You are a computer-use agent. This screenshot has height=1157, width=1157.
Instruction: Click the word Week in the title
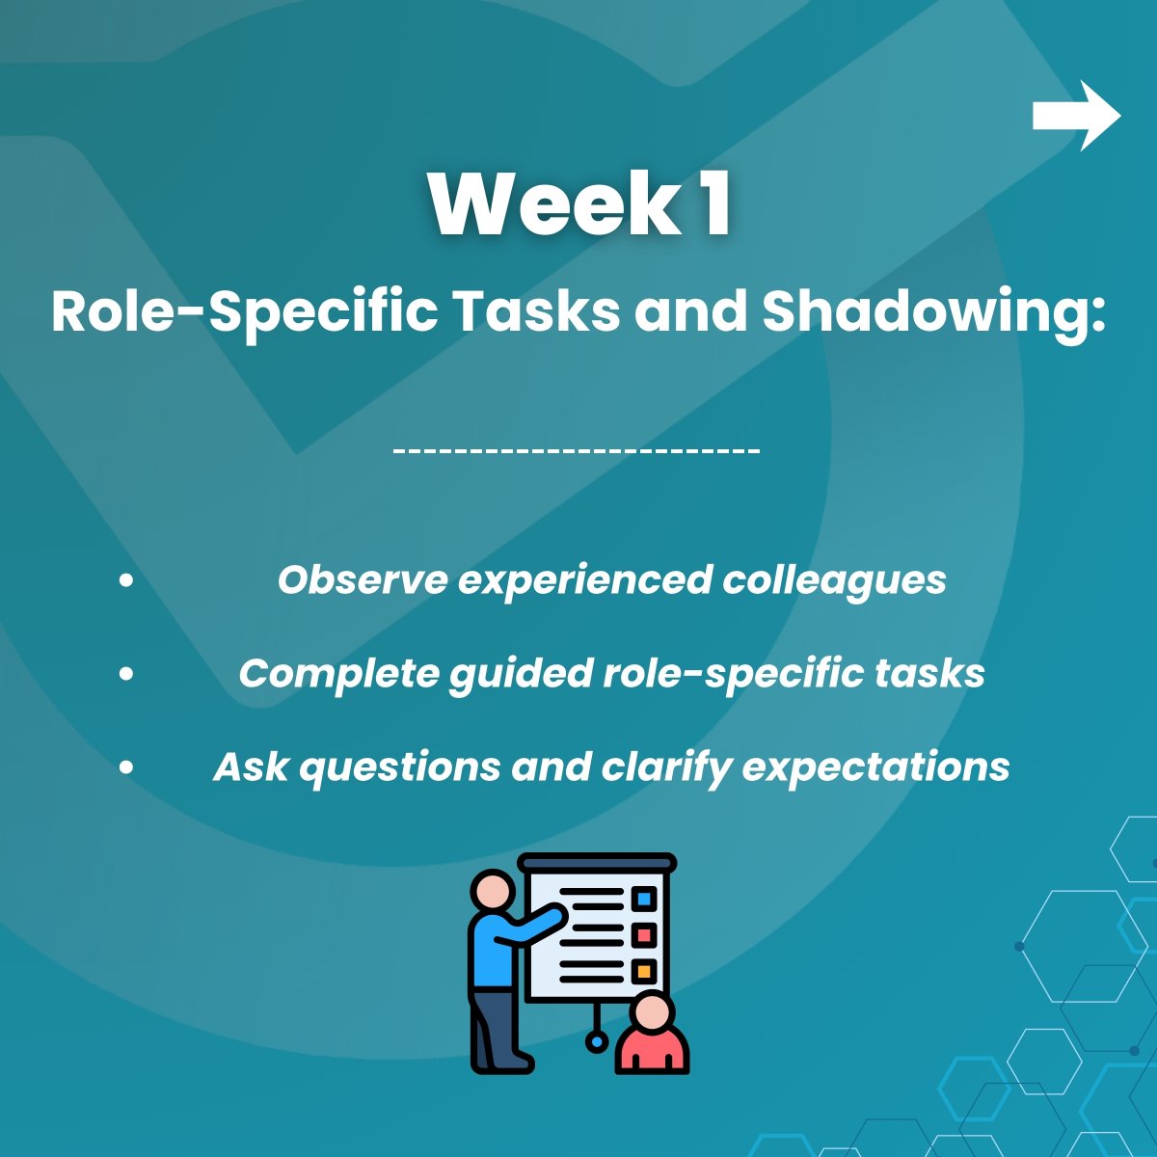pyautogui.click(x=553, y=204)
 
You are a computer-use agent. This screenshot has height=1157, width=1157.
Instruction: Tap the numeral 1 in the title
pyautogui.click(x=715, y=204)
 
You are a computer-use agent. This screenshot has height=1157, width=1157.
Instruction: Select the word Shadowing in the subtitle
pyautogui.click(x=932, y=311)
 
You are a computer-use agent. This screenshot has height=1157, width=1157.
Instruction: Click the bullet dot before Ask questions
pyautogui.click(x=126, y=767)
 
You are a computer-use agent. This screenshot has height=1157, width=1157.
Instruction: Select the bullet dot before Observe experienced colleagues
pyautogui.click(x=126, y=580)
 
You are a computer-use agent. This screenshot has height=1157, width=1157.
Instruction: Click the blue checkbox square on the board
pyautogui.click(x=644, y=900)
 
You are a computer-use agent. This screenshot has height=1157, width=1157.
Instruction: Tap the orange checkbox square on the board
pyautogui.click(x=644, y=970)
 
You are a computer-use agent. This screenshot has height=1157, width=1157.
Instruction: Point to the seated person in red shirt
pyautogui.click(x=652, y=1036)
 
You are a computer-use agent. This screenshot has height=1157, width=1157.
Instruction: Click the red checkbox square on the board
pyautogui.click(x=644, y=934)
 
